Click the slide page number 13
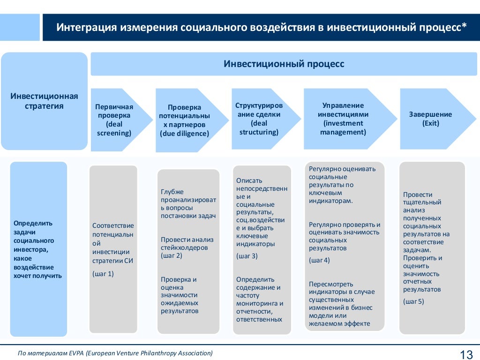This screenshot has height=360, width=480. click(466, 354)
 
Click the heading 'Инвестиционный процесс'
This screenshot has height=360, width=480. click(284, 64)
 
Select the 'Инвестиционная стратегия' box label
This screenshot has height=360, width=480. click(44, 101)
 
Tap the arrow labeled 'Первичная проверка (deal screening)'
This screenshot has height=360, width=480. click(114, 120)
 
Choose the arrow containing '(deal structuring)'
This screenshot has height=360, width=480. click(259, 119)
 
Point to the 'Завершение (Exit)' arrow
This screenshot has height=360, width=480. click(430, 119)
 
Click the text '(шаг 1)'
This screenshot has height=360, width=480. click(103, 273)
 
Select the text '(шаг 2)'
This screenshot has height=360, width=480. click(172, 255)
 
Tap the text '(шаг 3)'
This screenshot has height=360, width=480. click(247, 256)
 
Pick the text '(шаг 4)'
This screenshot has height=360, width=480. click(319, 260)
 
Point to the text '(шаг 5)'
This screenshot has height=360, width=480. click(413, 301)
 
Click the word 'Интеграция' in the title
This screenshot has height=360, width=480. click(86, 27)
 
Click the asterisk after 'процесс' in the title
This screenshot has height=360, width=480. click(464, 26)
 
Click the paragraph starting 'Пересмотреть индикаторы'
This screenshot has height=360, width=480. click(341, 304)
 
